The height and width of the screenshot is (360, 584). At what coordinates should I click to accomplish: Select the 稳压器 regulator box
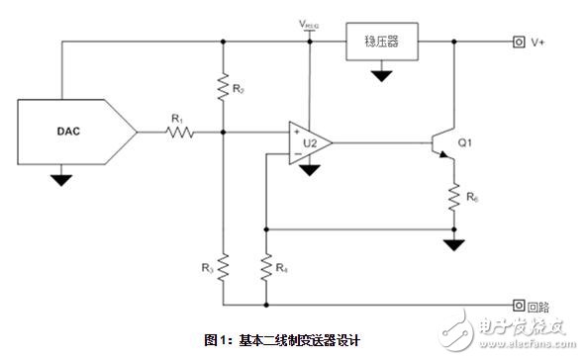[380, 43]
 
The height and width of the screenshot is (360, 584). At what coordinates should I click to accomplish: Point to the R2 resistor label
[238, 90]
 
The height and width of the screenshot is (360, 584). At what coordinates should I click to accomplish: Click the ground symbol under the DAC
[61, 179]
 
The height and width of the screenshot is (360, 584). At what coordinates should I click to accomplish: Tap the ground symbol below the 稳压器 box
[378, 73]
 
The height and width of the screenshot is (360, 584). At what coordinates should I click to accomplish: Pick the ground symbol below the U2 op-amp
[309, 170]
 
